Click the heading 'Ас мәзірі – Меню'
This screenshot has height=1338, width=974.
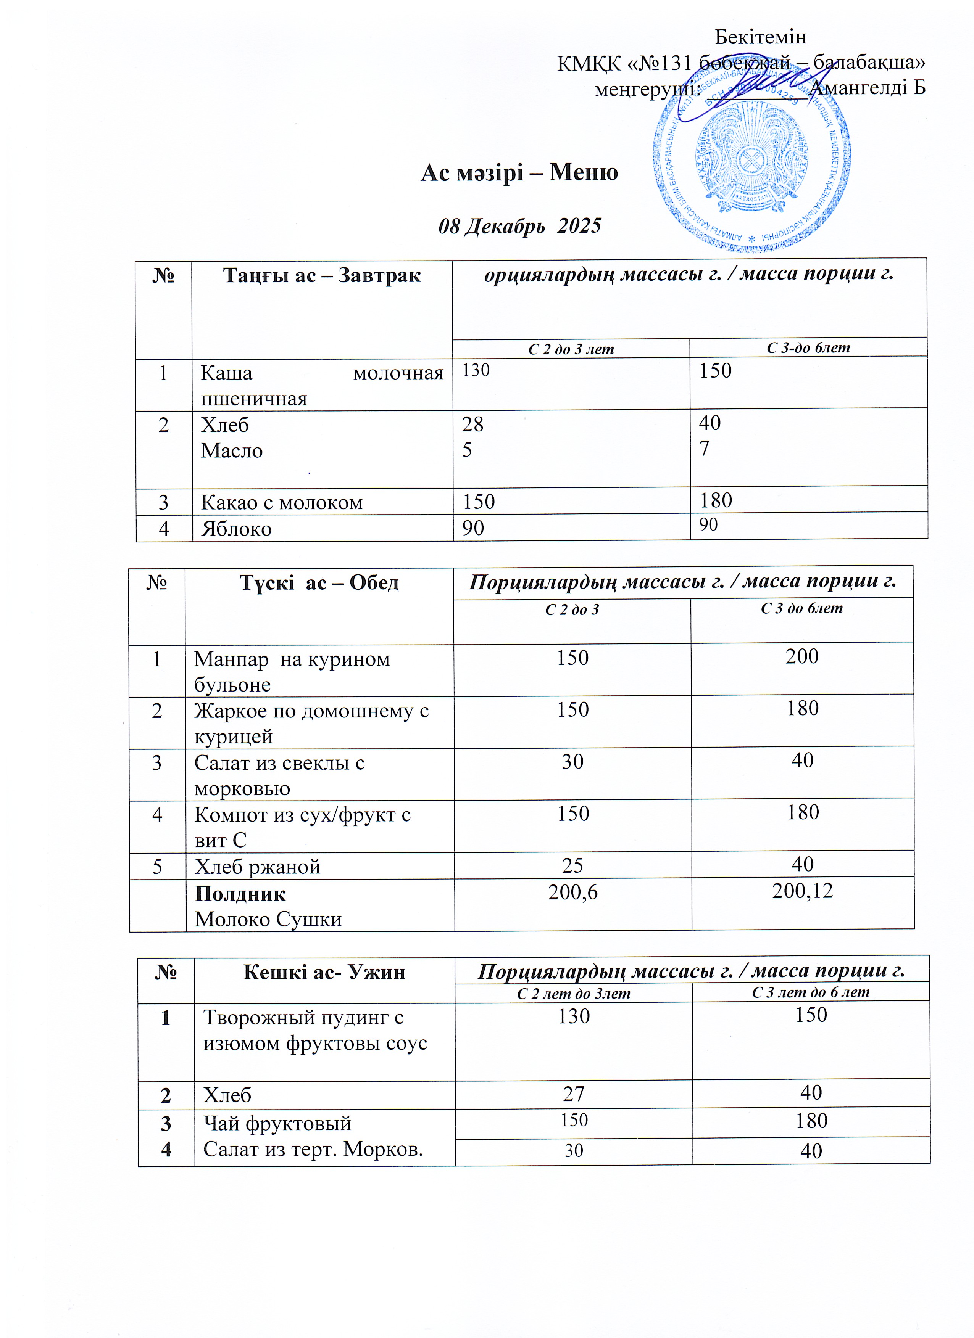519,172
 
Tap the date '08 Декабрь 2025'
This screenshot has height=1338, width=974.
519,226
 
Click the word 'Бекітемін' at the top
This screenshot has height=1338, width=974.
760,37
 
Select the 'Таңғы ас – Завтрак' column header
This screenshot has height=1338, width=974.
322,275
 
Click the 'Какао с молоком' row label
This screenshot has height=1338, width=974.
282,502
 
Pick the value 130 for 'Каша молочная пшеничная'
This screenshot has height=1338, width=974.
476,370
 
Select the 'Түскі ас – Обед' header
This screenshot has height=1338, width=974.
319,583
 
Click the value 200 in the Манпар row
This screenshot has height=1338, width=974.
801,657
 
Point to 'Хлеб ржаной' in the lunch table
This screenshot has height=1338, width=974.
257,867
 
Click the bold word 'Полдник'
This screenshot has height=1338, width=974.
240,894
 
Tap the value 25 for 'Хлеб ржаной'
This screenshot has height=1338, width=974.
572,865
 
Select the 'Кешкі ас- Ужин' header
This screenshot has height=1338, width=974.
324,971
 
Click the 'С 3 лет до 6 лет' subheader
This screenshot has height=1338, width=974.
811,992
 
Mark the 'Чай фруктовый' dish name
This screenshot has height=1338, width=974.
277,1123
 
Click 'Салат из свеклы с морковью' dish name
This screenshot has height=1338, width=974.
279,775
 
